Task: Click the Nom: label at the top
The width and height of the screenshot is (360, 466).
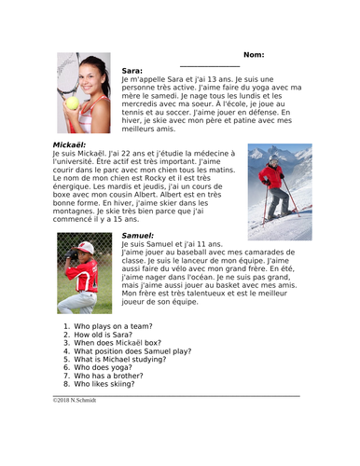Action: pos(260,55)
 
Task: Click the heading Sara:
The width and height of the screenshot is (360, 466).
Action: pos(132,71)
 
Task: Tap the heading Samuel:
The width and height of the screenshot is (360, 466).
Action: pos(138,235)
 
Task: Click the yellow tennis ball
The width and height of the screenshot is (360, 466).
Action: pos(72,103)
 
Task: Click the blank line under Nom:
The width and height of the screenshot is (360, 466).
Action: pos(209,64)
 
